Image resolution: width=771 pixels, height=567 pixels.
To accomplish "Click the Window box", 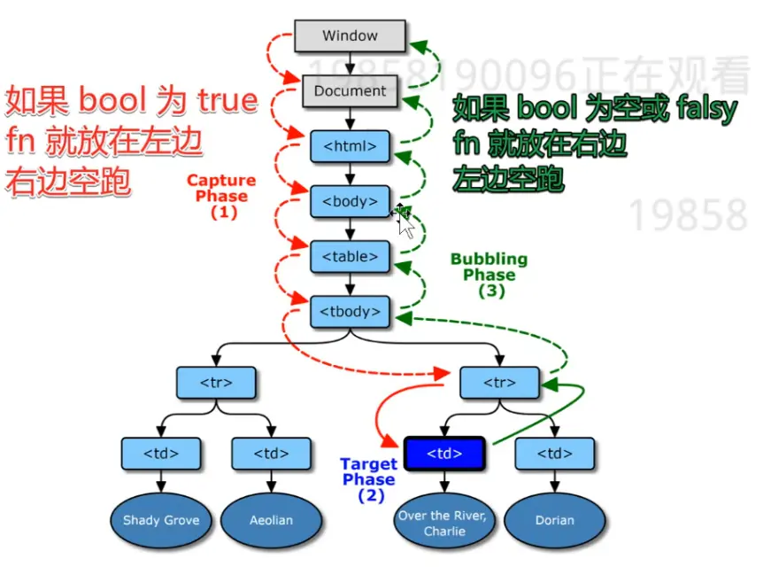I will (x=350, y=36).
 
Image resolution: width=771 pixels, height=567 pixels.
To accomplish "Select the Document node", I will (x=350, y=90).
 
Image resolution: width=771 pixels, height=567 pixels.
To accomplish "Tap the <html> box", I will (x=350, y=146).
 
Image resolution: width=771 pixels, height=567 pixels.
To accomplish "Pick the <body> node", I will (x=350, y=201).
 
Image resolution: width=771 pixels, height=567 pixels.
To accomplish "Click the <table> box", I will (x=350, y=257).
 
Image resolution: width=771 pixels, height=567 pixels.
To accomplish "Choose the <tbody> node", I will (x=350, y=312).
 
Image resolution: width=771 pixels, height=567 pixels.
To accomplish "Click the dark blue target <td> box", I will (x=444, y=454).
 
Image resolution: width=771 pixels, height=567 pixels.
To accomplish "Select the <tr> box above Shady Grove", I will (x=216, y=383).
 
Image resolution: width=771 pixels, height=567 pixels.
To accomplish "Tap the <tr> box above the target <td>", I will (x=500, y=383).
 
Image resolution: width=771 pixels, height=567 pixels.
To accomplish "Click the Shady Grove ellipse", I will (x=160, y=520).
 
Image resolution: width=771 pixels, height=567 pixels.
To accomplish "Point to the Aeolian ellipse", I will (x=271, y=520).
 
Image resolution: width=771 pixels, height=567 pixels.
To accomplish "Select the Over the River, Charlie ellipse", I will (x=444, y=524).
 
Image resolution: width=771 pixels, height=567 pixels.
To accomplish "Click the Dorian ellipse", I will (x=555, y=520).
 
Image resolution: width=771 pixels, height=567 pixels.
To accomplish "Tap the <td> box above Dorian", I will (x=555, y=454).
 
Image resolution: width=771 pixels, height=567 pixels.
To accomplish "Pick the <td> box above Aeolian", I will (x=271, y=454).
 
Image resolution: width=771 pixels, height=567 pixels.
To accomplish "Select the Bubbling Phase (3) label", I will (x=489, y=275).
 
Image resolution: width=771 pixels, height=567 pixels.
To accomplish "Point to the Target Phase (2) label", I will (x=369, y=479).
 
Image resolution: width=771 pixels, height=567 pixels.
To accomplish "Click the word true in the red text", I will (x=227, y=101).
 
